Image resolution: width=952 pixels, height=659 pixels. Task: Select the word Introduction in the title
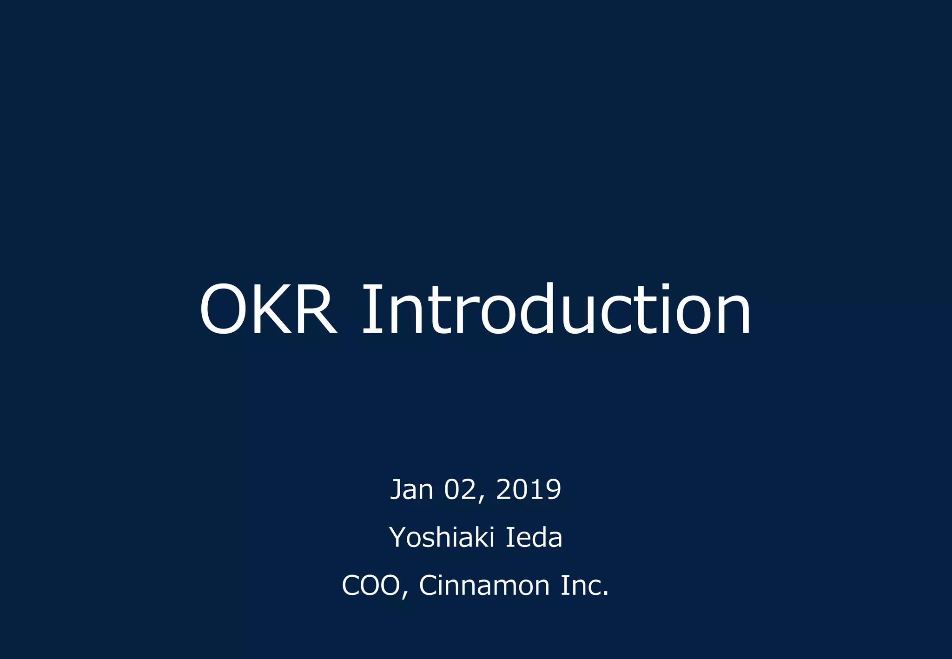(556, 309)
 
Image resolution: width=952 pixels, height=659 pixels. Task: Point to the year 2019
(529, 489)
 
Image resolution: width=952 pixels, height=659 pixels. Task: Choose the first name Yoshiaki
(442, 537)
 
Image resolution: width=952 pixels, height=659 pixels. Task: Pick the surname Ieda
(534, 537)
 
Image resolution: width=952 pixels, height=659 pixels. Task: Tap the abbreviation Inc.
(584, 585)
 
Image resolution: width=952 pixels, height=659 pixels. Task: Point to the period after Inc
(605, 594)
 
